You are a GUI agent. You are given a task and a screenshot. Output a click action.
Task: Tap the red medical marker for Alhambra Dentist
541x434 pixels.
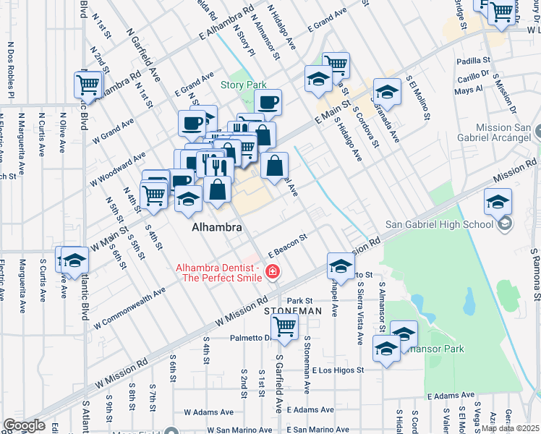pos(273,272)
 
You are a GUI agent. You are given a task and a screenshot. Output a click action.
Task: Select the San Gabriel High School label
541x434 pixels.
pos(449,224)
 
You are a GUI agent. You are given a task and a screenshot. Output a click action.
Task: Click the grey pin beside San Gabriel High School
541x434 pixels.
pos(505,224)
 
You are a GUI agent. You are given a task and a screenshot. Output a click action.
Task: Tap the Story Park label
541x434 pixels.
pos(244,85)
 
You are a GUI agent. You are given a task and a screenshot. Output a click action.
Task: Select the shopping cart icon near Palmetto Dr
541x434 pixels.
pos(285,326)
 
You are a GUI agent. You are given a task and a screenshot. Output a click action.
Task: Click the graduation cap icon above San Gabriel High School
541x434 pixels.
pos(498,202)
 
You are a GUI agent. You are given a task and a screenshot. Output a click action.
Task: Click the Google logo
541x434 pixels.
pos(24,425)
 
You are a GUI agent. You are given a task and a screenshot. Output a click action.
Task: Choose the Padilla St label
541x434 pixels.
pos(474,61)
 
